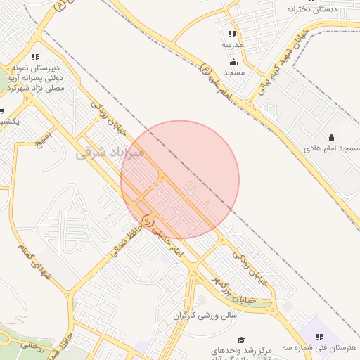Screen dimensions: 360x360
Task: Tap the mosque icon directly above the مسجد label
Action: pyautogui.click(x=233, y=62)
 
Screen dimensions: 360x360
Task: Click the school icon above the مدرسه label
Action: pyautogui.click(x=233, y=34)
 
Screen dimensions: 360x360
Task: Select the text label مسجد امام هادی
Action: pyautogui.click(x=331, y=149)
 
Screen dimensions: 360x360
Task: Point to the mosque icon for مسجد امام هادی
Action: pyautogui.click(x=331, y=137)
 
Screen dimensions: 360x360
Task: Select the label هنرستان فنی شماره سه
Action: pyautogui.click(x=320, y=348)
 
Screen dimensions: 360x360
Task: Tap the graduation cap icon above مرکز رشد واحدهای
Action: pyautogui.click(x=241, y=339)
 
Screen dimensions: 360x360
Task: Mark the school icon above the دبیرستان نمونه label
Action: pyautogui.click(x=35, y=57)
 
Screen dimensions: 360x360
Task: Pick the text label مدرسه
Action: pyautogui.click(x=233, y=44)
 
